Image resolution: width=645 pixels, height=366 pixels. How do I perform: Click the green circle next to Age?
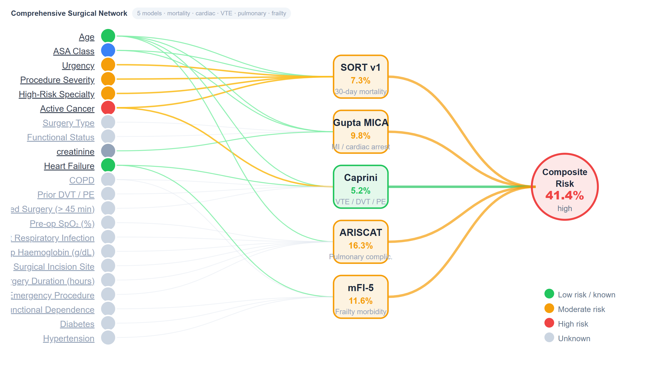pyautogui.click(x=108, y=36)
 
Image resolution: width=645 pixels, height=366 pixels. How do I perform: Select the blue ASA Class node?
pyautogui.click(x=108, y=50)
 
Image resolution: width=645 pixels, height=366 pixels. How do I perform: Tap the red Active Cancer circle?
pyautogui.click(x=108, y=108)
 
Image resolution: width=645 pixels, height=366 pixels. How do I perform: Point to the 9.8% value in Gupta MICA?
pyautogui.click(x=360, y=136)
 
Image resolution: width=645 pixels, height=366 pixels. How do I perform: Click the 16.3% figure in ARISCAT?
pyautogui.click(x=360, y=246)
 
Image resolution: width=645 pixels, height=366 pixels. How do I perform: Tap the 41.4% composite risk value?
pyautogui.click(x=564, y=196)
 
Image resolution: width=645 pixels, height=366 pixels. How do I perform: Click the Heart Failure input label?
pyautogui.click(x=69, y=166)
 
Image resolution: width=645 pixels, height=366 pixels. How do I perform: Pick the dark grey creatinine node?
pyautogui.click(x=108, y=151)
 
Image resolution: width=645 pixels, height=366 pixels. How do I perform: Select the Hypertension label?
pyautogui.click(x=69, y=338)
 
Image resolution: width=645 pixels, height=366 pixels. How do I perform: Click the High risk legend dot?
pyautogui.click(x=549, y=323)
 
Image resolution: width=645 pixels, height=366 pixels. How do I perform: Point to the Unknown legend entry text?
pyautogui.click(x=574, y=338)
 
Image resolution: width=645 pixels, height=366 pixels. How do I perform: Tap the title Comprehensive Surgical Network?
pyautogui.click(x=69, y=13)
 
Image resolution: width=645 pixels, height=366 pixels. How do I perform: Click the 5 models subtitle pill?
pyautogui.click(x=211, y=13)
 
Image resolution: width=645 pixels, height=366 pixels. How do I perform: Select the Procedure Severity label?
pyautogui.click(x=57, y=80)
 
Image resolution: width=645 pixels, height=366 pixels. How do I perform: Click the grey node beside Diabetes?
pyautogui.click(x=108, y=323)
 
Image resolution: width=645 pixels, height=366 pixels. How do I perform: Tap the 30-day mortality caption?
pyautogui.click(x=360, y=91)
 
